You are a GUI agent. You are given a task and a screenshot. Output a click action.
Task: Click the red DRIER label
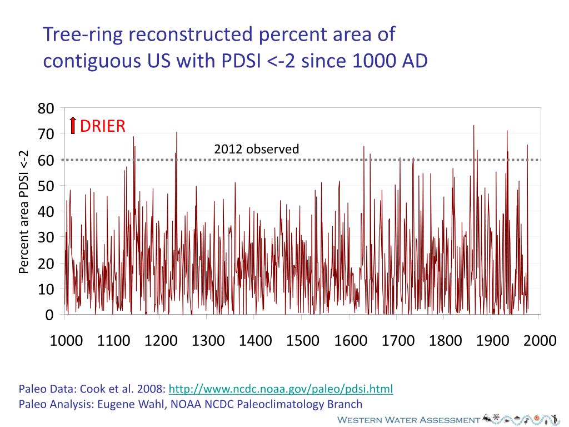pyautogui.click(x=103, y=126)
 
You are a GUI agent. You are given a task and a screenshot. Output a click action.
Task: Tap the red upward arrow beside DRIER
pyautogui.click(x=73, y=126)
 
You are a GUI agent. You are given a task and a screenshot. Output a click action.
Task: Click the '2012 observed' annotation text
pyautogui.click(x=256, y=149)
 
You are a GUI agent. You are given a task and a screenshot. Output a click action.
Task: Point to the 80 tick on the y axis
pyautogui.click(x=46, y=108)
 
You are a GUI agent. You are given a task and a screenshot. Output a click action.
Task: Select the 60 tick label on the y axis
pyautogui.click(x=46, y=160)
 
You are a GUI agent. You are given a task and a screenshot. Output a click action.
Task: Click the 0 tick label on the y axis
pyautogui.click(x=49, y=315)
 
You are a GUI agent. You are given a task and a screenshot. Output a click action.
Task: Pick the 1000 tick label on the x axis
pyautogui.click(x=66, y=340)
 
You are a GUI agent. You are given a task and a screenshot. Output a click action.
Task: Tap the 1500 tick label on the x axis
pyautogui.click(x=303, y=340)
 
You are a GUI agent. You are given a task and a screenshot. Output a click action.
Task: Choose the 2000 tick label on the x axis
pyautogui.click(x=540, y=340)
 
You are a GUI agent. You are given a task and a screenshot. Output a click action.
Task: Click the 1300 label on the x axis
pyautogui.click(x=208, y=340)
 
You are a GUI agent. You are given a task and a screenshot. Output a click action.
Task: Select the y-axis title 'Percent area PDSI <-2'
pyautogui.click(x=23, y=212)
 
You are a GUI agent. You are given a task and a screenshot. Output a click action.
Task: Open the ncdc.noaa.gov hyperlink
pyautogui.click(x=281, y=389)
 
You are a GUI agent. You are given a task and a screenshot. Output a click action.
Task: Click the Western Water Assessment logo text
pyautogui.click(x=408, y=420)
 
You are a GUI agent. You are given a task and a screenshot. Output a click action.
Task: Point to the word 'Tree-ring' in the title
pyautogui.click(x=80, y=34)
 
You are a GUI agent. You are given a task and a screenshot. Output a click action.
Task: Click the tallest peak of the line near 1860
pyautogui.click(x=473, y=126)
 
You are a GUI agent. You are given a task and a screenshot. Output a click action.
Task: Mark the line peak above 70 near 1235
pyautogui.click(x=177, y=132)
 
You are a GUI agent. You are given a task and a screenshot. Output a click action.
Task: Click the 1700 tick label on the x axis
pyautogui.click(x=398, y=340)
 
